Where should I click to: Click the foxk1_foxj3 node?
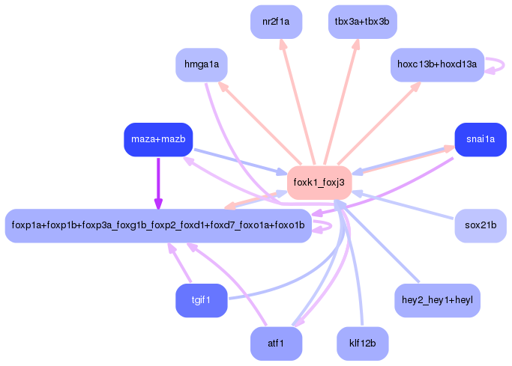pyautogui.click(x=319, y=182)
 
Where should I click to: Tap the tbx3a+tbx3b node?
pyautogui.click(x=362, y=22)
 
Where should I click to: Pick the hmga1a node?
pyautogui.click(x=202, y=64)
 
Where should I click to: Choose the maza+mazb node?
pyautogui.click(x=158, y=140)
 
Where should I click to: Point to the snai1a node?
pyautogui.click(x=480, y=140)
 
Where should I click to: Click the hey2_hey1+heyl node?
pyautogui.click(x=437, y=300)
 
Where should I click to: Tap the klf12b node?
pyautogui.click(x=362, y=344)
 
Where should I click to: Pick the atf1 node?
pyautogui.click(x=276, y=344)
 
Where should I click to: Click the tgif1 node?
pyautogui.click(x=201, y=300)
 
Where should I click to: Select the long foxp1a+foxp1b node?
pyautogui.click(x=158, y=225)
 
